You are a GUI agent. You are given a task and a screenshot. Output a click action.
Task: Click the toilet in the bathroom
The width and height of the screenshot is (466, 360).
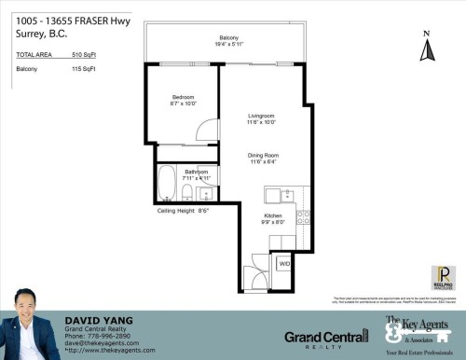pos(188,193)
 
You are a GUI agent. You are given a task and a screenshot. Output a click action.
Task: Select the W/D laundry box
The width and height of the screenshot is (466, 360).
pos(283,265)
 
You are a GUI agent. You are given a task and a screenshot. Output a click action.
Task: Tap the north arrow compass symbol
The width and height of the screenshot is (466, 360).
pos(426,48)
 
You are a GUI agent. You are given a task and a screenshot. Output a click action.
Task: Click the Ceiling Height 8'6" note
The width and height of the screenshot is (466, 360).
pos(182,211)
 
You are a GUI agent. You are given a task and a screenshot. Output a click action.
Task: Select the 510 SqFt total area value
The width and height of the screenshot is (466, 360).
pos(83,56)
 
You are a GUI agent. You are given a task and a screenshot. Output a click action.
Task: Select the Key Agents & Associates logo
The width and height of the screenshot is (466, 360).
pos(411,332)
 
